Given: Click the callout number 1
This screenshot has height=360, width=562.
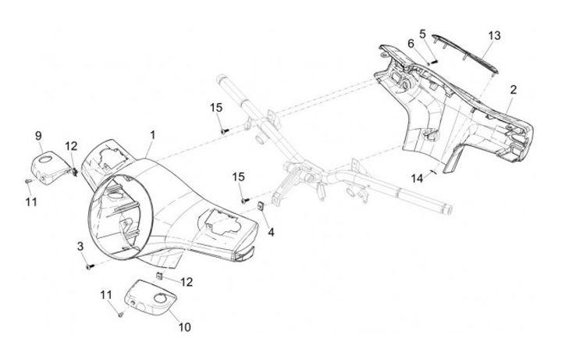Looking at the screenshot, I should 153,134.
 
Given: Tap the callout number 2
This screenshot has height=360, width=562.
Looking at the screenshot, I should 513,90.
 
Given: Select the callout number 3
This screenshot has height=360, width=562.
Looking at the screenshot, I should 80,247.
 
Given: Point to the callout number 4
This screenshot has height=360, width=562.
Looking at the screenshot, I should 271,232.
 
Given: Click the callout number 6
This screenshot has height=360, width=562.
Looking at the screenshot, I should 411,44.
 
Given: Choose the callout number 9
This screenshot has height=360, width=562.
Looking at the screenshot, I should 38,136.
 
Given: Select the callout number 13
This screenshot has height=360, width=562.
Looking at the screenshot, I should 493,35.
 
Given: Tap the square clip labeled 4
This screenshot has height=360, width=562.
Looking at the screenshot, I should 260,207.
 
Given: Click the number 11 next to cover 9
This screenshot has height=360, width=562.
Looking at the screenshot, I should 30,202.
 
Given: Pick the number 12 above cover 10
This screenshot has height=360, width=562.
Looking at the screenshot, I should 187,280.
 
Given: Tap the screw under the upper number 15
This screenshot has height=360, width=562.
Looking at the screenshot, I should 223,130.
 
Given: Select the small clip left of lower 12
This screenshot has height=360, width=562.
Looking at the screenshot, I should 160,276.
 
